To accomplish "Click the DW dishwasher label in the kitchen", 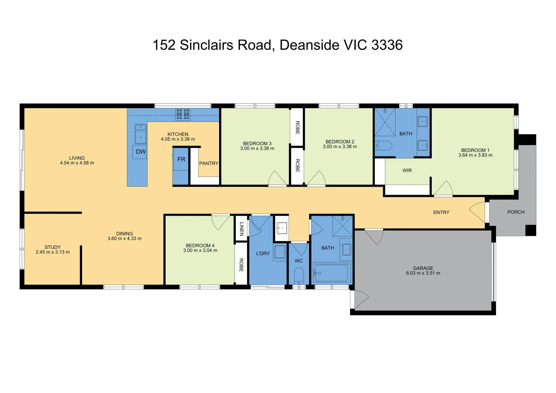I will pos(141,152).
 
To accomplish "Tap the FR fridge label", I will pos(181,159).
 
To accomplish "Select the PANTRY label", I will pos(208,163).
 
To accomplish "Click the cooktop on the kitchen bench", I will pos(183,114).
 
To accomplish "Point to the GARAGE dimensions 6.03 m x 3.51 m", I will pos(423,273).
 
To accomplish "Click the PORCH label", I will pos(516,212).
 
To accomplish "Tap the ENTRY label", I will pos(441,213).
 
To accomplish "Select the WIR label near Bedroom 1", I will pos(407,171).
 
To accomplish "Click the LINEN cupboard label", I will pos(242,229).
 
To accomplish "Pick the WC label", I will pos(298,261).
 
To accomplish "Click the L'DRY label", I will pos(263,254).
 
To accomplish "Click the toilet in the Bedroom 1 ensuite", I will pos(384,146).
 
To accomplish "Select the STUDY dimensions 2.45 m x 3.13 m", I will pos(52,252).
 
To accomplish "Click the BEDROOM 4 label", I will pos(200,246).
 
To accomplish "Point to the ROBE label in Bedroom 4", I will pos(241,265).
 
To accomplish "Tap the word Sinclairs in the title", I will pos(207,45).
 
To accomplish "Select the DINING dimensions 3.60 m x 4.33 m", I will pos(124,239).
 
